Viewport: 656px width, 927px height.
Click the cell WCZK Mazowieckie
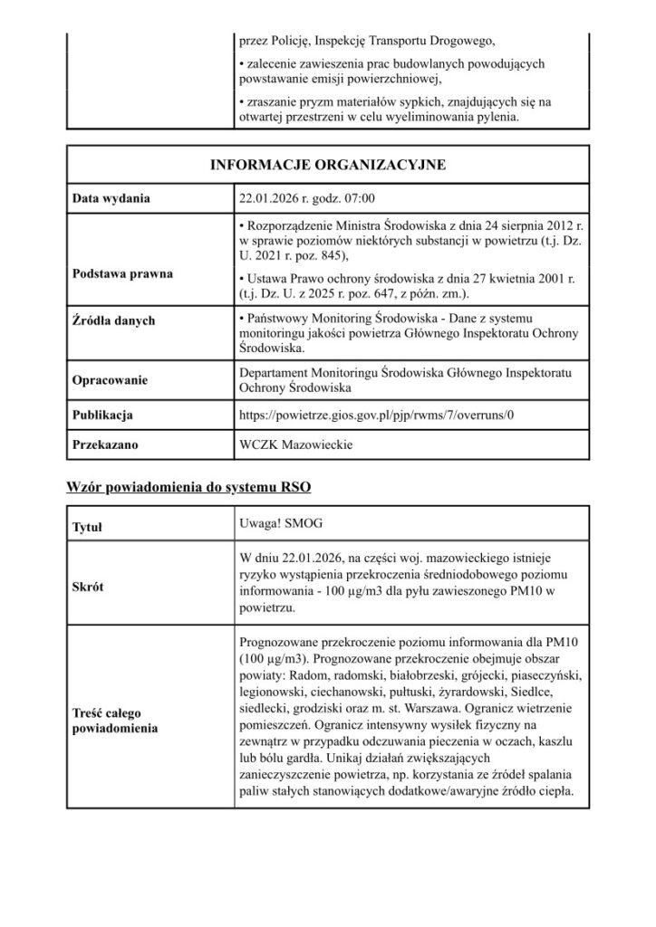(295, 445)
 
